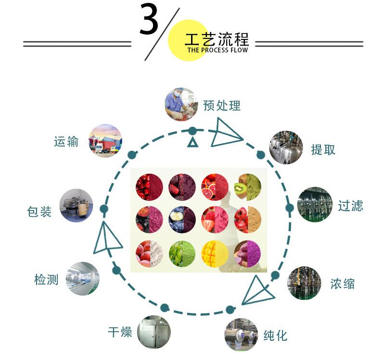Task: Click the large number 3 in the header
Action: [x=149, y=20]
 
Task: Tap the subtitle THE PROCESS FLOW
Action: [x=218, y=50]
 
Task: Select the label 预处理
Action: [x=221, y=105]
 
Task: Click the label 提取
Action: [x=323, y=149]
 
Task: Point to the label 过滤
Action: [x=350, y=206]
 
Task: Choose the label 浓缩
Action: [x=343, y=283]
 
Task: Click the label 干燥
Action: [x=120, y=332]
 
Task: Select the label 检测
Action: [x=46, y=279]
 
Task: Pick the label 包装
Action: [x=39, y=211]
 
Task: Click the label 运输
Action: [x=66, y=142]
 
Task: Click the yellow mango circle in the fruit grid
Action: [x=215, y=253]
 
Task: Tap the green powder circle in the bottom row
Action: [x=182, y=253]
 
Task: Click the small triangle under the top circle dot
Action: [x=193, y=142]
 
